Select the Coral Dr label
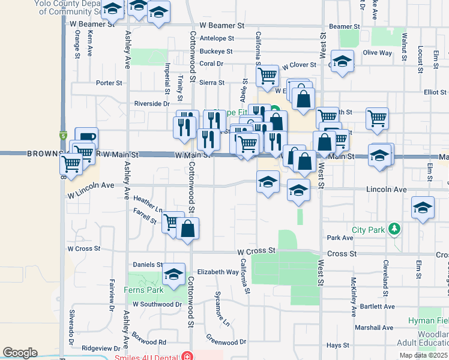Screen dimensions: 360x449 click(211, 63)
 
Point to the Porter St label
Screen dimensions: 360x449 click(109, 83)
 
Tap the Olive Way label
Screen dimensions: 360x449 click(377, 53)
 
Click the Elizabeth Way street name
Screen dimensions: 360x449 click(218, 272)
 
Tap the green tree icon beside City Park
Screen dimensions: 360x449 click(394, 229)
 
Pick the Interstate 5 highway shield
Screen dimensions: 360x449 click(62, 136)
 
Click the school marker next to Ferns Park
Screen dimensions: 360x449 click(174, 274)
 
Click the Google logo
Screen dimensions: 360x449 click(20, 352)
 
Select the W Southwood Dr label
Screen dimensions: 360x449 click(157, 304)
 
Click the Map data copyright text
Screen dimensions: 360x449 click(423, 355)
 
